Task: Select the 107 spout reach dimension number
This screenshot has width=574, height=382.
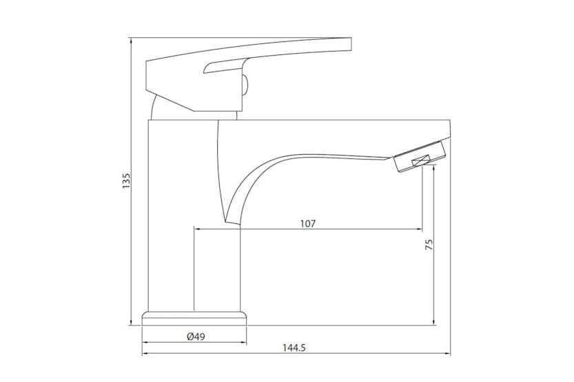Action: coord(307,224)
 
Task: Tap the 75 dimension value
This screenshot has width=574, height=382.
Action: coord(429,246)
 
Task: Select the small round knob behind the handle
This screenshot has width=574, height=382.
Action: coord(243,85)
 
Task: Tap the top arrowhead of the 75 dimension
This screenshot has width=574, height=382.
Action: coord(433,169)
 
